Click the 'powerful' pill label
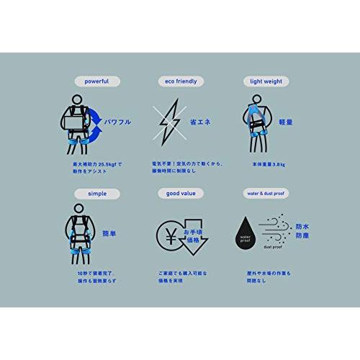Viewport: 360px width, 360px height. (x=96, y=81)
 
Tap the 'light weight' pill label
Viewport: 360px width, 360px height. (x=263, y=81)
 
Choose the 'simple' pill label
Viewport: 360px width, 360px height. (x=96, y=194)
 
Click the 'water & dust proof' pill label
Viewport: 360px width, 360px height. (x=264, y=194)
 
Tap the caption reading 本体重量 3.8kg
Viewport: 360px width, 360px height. (x=264, y=165)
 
